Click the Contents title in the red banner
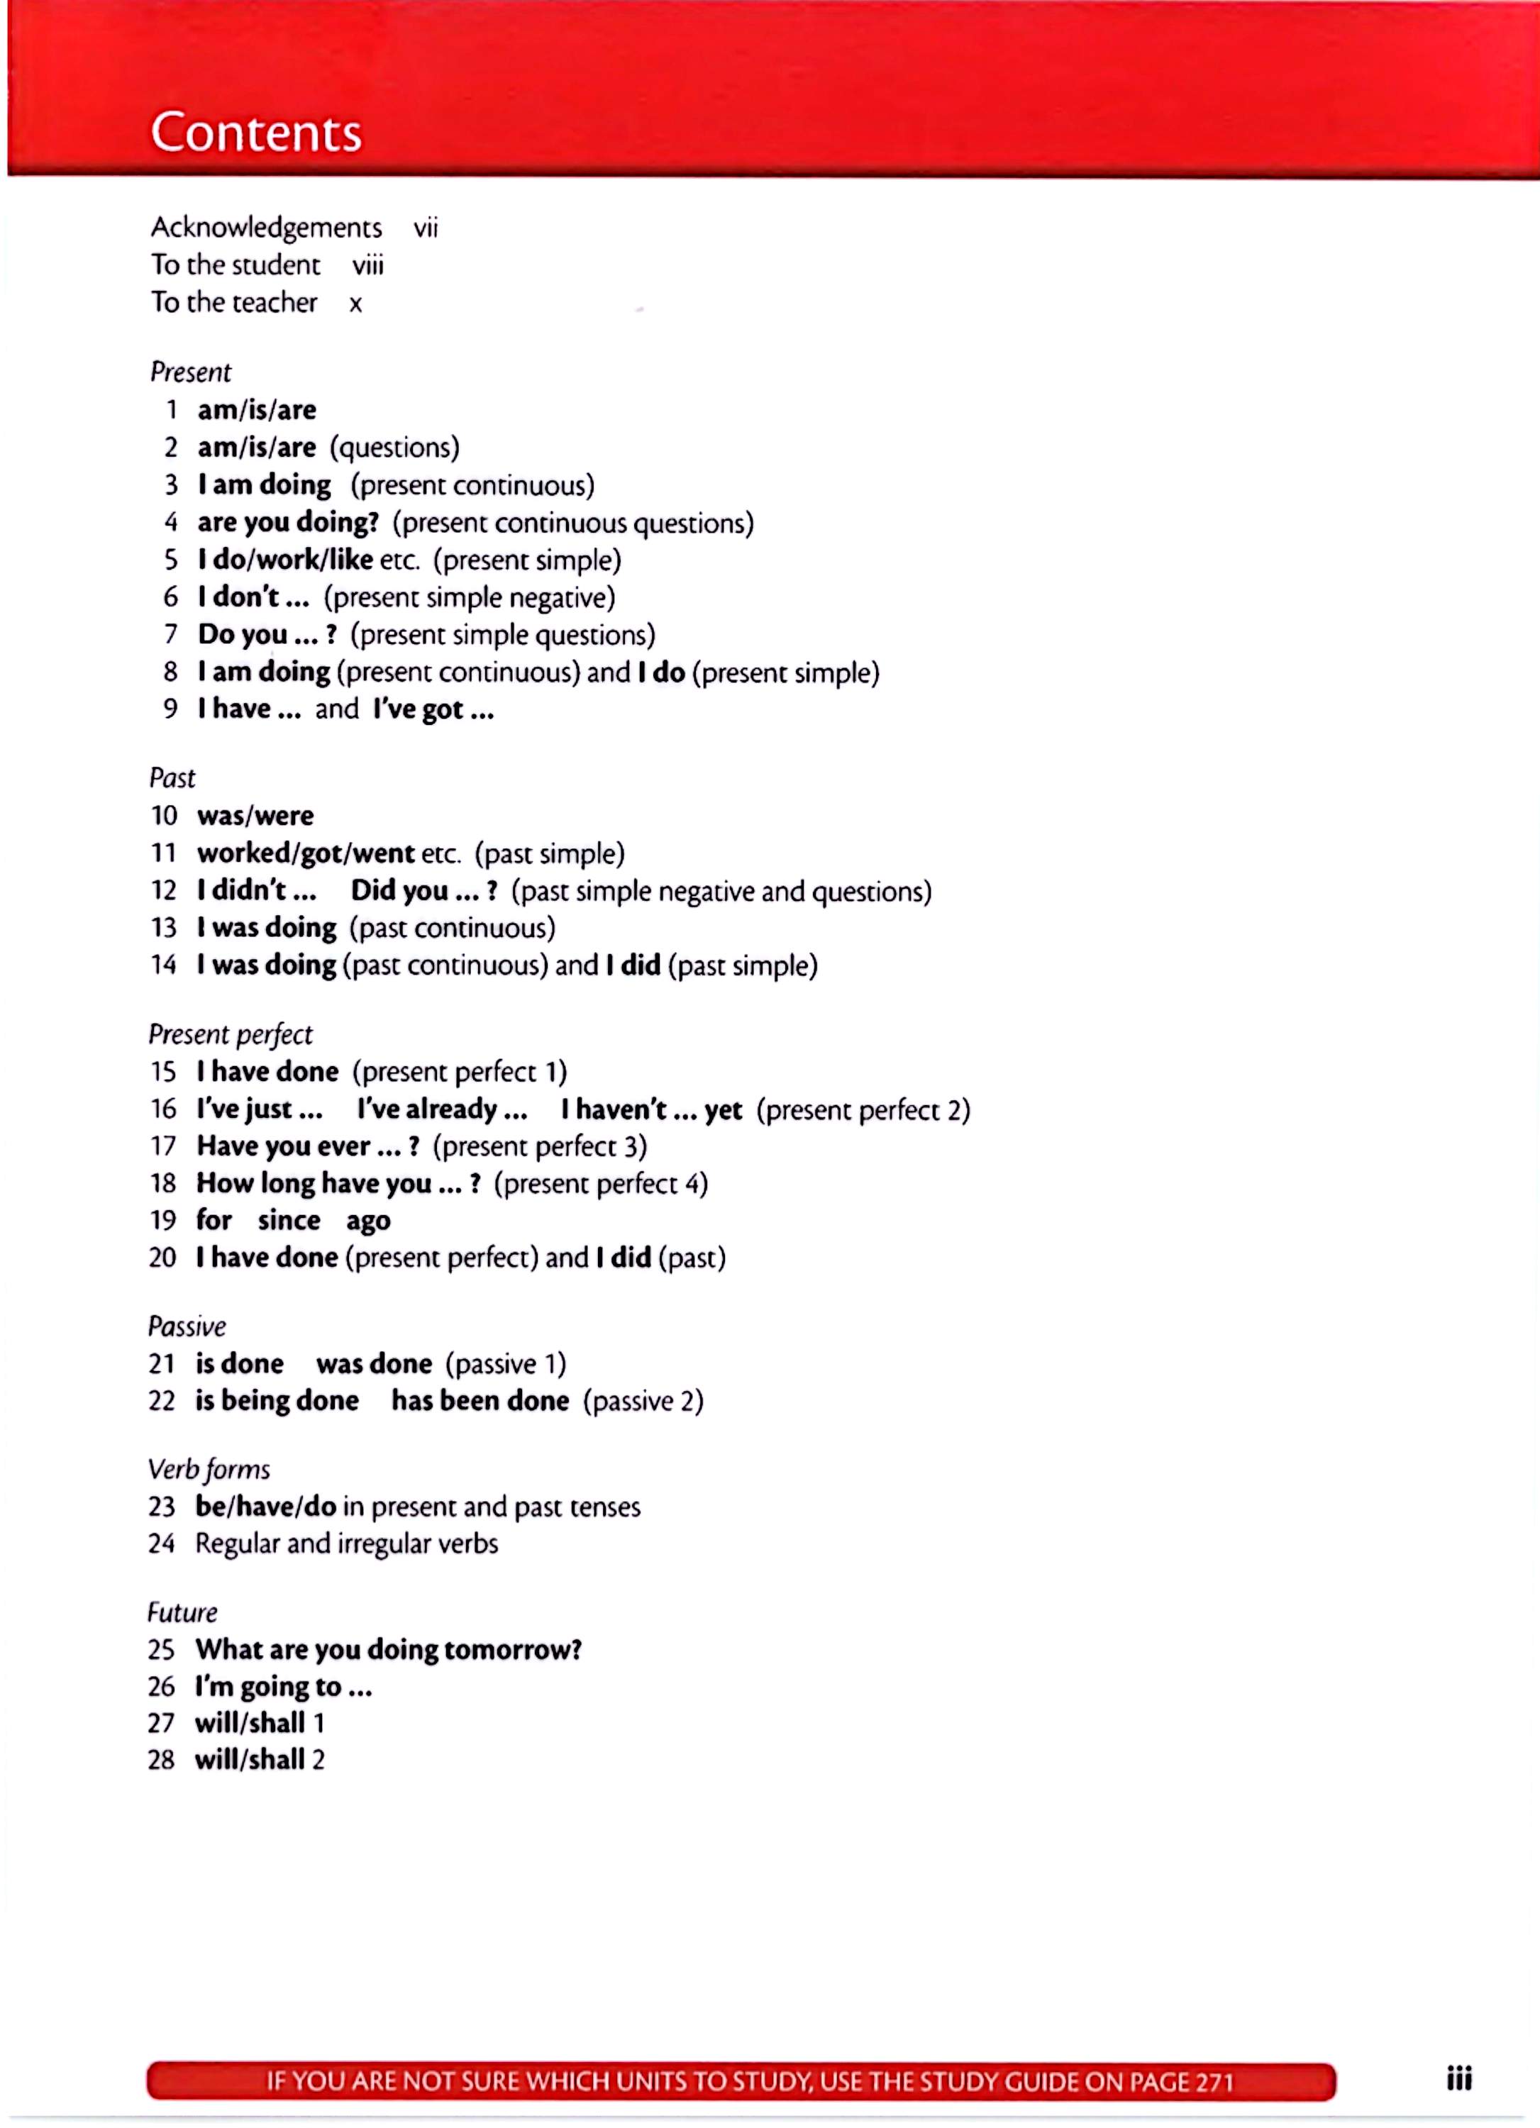pyautogui.click(x=256, y=133)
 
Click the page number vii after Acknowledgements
pyautogui.click(x=425, y=228)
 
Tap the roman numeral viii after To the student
pyautogui.click(x=368, y=265)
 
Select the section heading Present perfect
pyautogui.click(x=230, y=1034)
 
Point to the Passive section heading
pyautogui.click(x=187, y=1326)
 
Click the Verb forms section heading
pyautogui.click(x=209, y=1468)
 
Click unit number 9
pyautogui.click(x=170, y=709)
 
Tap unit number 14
pyautogui.click(x=163, y=965)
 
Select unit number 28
pyautogui.click(x=162, y=1759)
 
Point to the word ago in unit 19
pyautogui.click(x=368, y=1221)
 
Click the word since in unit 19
pyautogui.click(x=289, y=1220)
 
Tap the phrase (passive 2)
pyautogui.click(x=643, y=1401)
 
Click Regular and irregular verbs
pyautogui.click(x=346, y=1544)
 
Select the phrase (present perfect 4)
pyautogui.click(x=601, y=1183)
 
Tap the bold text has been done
pyautogui.click(x=480, y=1401)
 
